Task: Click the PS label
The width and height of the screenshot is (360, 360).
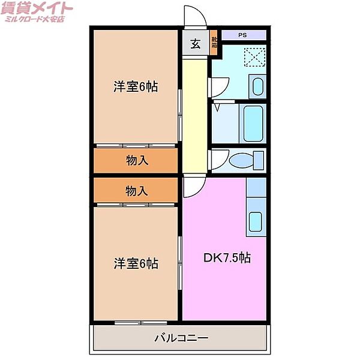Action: (x=242, y=35)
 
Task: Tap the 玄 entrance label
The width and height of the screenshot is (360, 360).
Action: (x=196, y=44)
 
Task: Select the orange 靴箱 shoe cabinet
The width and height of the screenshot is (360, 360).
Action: (x=214, y=43)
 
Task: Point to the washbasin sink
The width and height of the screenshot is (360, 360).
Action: (x=257, y=86)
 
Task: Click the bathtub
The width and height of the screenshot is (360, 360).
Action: (x=252, y=123)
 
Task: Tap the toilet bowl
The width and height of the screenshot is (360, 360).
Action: (x=245, y=161)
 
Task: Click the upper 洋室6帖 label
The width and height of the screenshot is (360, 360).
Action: (x=136, y=86)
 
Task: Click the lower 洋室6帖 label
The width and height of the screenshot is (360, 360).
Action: (x=136, y=263)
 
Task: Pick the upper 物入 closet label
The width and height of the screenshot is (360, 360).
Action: (x=137, y=160)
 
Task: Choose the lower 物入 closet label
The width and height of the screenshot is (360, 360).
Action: (x=137, y=191)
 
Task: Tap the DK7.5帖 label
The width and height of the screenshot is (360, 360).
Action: (x=227, y=259)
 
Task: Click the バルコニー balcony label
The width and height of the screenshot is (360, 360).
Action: (x=181, y=338)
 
